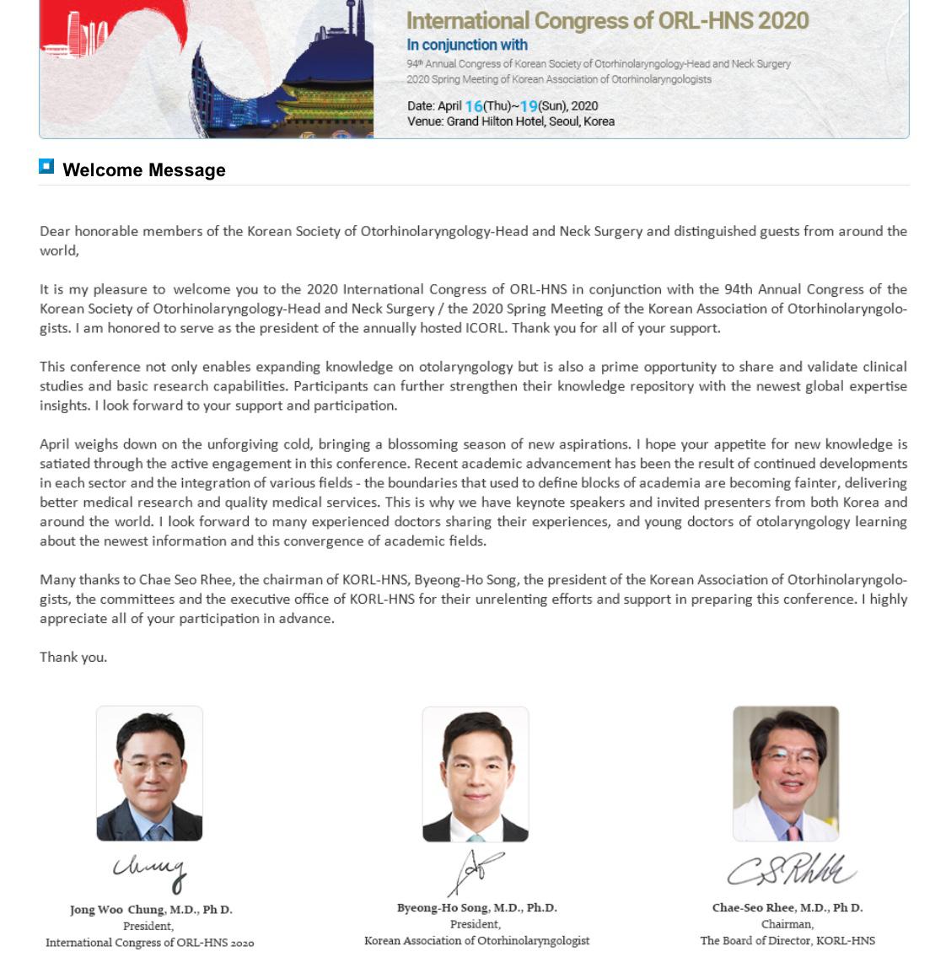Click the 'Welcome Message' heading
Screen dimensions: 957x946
click(x=144, y=170)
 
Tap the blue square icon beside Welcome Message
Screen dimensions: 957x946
click(x=46, y=167)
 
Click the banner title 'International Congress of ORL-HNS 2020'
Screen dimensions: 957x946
click(x=607, y=21)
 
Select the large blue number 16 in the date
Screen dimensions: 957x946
click(x=474, y=106)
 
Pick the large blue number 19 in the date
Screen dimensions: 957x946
click(x=529, y=106)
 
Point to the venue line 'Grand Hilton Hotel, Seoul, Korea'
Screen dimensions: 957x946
click(x=530, y=121)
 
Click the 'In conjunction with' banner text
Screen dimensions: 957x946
click(x=467, y=45)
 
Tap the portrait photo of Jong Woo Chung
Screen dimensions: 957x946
click(x=149, y=773)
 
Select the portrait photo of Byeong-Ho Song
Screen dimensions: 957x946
click(x=476, y=774)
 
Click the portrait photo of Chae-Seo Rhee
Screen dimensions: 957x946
click(x=786, y=773)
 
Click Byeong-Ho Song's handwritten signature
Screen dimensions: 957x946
click(x=475, y=871)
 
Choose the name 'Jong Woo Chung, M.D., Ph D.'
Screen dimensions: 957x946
click(x=151, y=910)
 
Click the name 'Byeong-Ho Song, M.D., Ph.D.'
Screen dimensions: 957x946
click(x=476, y=908)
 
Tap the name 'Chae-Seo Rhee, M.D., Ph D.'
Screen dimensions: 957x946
click(x=787, y=908)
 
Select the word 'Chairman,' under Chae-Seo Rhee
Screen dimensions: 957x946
click(x=787, y=924)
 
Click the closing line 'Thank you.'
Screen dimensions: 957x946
click(x=73, y=658)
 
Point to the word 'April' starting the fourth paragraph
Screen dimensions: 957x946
click(x=55, y=444)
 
